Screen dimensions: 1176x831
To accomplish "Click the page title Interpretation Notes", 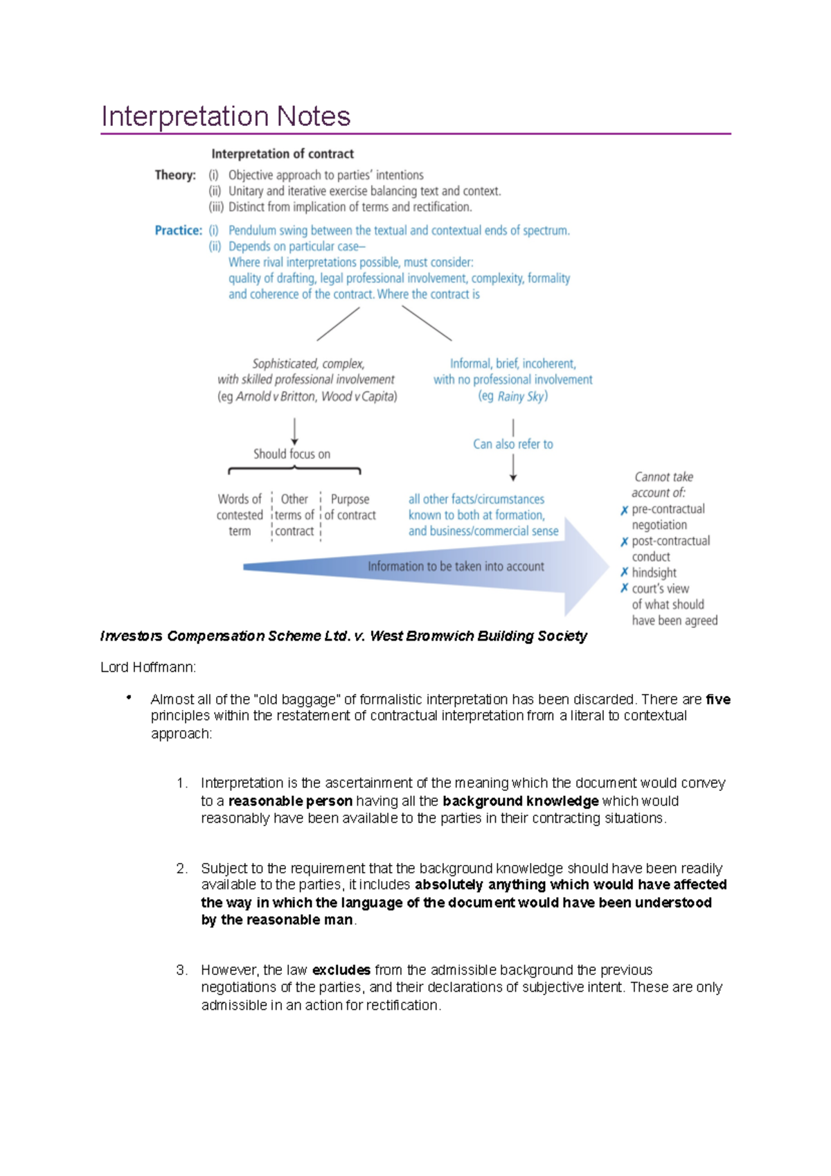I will [x=226, y=116].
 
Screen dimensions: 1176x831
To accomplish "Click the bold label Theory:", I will [x=175, y=175].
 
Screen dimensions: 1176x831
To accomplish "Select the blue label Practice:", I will [x=178, y=231].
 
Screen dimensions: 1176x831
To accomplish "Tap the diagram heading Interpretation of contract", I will [x=283, y=154].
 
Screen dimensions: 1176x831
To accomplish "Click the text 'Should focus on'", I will [x=292, y=454].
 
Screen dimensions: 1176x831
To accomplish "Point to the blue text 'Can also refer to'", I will [x=513, y=444].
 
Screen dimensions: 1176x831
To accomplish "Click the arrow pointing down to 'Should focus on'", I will [x=295, y=431].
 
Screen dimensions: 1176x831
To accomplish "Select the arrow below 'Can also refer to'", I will [x=513, y=468].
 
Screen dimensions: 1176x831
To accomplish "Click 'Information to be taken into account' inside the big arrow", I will [x=456, y=567].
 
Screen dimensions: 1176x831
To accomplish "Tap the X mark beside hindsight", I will [x=624, y=572].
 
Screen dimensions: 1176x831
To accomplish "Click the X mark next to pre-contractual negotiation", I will [x=624, y=510].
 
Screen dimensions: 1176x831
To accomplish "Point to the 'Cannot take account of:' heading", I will [x=662, y=485].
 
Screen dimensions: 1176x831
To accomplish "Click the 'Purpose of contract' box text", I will [x=350, y=507].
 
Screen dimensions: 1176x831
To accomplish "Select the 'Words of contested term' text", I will [x=240, y=515].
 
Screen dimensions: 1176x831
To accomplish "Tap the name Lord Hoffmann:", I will [x=148, y=667].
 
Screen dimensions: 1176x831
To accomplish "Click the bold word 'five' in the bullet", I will [x=718, y=700].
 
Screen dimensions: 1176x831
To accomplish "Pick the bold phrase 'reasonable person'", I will [x=290, y=801].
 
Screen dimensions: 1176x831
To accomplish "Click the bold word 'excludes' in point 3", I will [x=341, y=970].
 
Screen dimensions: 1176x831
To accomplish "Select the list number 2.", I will [x=181, y=868].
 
